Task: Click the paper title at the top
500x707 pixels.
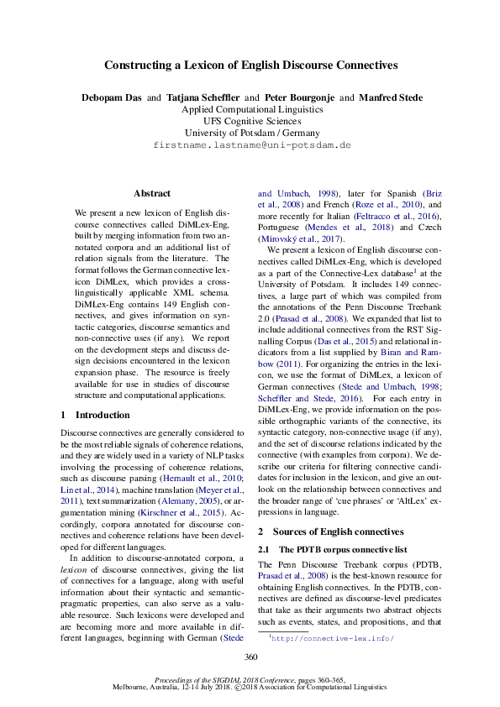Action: [x=250, y=65]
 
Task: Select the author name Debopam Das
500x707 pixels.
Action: [x=112, y=97]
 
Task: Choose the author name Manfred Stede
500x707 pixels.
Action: [x=391, y=97]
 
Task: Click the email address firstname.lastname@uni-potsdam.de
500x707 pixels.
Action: [x=250, y=145]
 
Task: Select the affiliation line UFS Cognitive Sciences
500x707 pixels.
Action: [x=250, y=121]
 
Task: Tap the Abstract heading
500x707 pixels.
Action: [x=151, y=193]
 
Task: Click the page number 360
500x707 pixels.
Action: [x=250, y=657]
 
